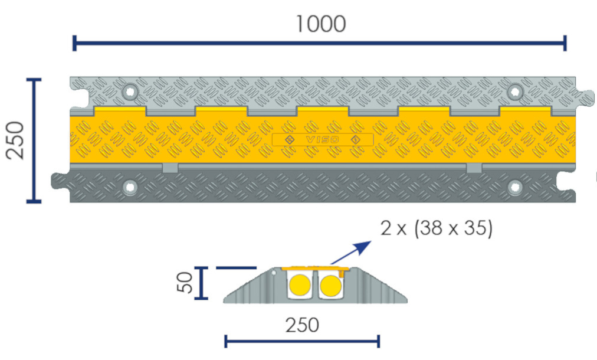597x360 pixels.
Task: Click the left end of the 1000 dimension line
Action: click(74, 43)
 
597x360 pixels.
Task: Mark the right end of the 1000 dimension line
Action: click(565, 43)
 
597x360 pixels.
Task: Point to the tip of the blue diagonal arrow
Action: click(371, 241)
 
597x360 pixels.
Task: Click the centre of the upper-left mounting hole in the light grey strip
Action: click(130, 92)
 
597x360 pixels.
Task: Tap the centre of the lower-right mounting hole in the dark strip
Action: click(515, 187)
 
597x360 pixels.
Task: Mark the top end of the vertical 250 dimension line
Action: click(34, 80)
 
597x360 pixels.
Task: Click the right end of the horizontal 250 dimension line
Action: click(379, 341)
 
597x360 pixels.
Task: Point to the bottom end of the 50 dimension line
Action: click(201, 298)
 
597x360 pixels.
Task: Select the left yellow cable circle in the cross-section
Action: click(300, 285)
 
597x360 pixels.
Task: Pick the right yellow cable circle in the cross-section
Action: click(330, 285)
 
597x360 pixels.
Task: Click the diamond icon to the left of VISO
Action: click(290, 140)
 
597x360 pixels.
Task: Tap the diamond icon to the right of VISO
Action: click(355, 140)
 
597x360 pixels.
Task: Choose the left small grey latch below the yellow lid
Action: click(170, 168)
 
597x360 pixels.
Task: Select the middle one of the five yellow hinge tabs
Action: click(323, 111)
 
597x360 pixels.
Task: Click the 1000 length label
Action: click(321, 24)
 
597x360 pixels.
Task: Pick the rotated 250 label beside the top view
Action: click(15, 140)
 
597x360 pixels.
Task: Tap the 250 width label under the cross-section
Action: click(302, 325)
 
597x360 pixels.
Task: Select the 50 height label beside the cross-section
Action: click(185, 282)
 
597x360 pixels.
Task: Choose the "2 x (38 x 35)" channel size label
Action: click(437, 228)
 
